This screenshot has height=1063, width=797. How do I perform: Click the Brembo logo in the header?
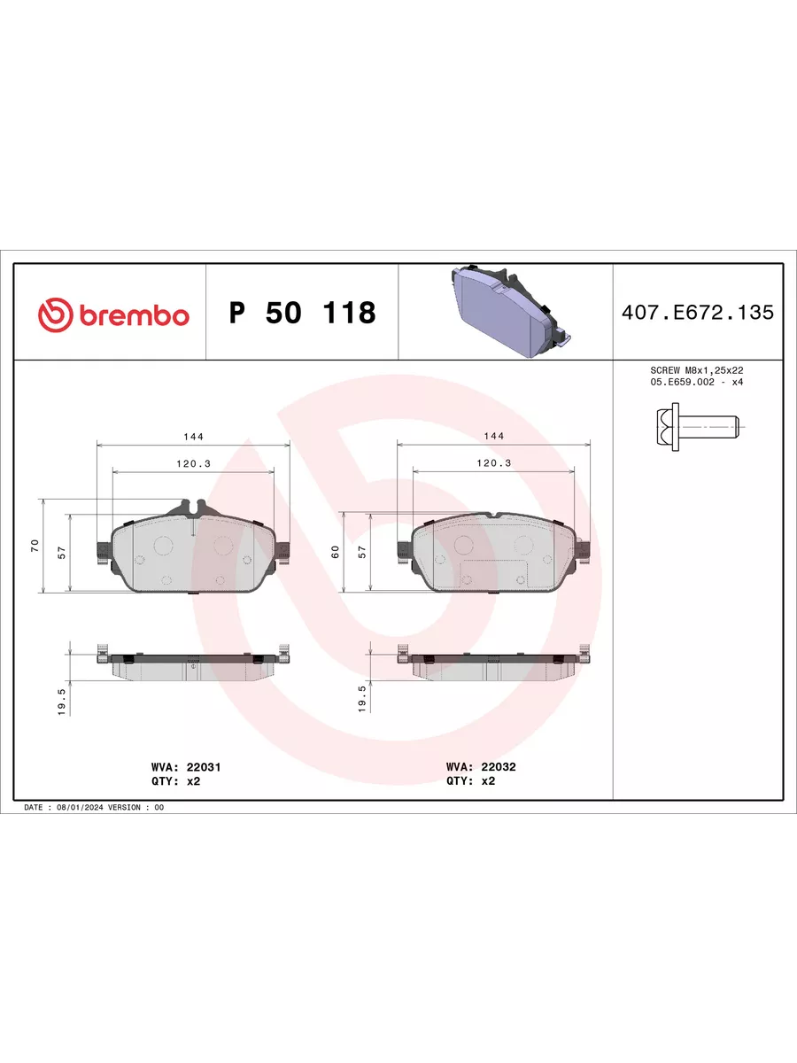(113, 314)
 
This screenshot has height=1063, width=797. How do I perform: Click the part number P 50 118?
(303, 313)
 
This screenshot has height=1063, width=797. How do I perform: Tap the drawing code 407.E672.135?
(697, 313)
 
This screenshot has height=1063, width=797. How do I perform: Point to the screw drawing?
(698, 427)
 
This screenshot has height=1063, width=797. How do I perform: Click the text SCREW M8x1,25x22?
(696, 370)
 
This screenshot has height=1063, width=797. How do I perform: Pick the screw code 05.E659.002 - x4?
(696, 382)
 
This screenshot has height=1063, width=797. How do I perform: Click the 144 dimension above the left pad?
(193, 437)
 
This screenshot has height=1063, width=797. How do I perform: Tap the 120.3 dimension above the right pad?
(493, 463)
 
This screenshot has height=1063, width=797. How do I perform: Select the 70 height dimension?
(35, 546)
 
